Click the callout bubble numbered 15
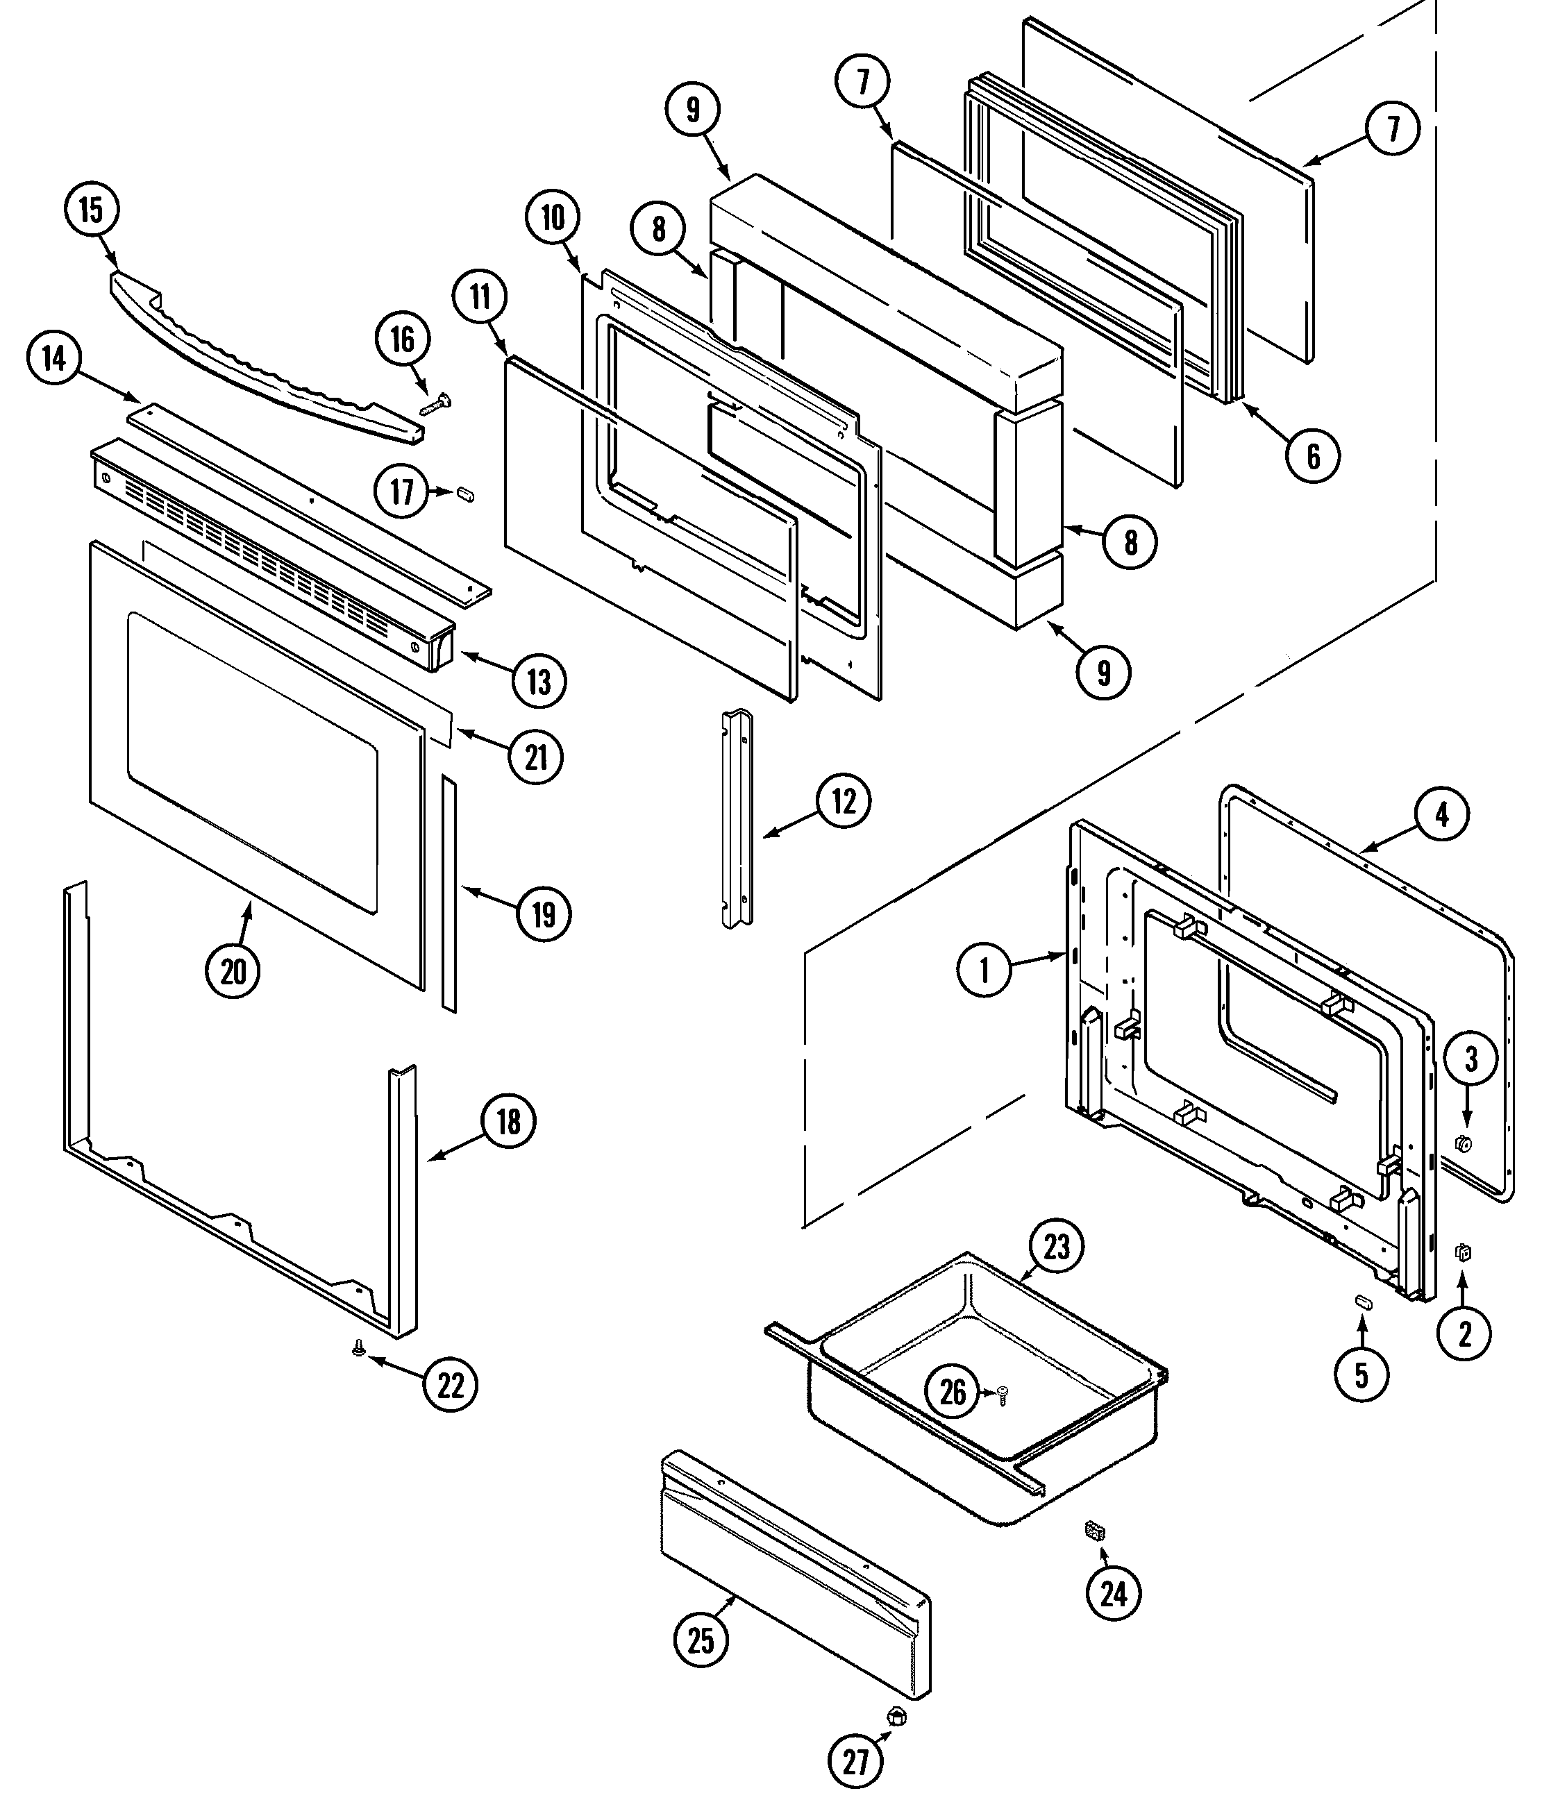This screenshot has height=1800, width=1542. [x=91, y=210]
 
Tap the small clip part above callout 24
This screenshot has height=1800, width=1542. [x=1093, y=1531]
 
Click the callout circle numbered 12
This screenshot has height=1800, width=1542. [x=844, y=801]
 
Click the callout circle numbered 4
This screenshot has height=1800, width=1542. [x=1441, y=815]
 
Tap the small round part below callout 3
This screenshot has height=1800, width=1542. [x=1462, y=1144]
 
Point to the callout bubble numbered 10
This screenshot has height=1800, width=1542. [x=553, y=218]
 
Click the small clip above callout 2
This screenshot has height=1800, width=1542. [x=1463, y=1252]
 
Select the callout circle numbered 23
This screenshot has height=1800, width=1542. [x=1057, y=1247]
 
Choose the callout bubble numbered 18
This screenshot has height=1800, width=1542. [x=508, y=1122]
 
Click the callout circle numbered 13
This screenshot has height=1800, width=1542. [x=539, y=681]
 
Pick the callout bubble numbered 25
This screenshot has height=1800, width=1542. [x=701, y=1640]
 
